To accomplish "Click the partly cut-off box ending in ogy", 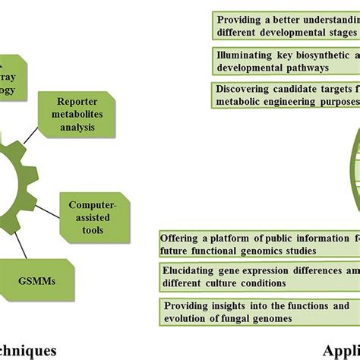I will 23,76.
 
